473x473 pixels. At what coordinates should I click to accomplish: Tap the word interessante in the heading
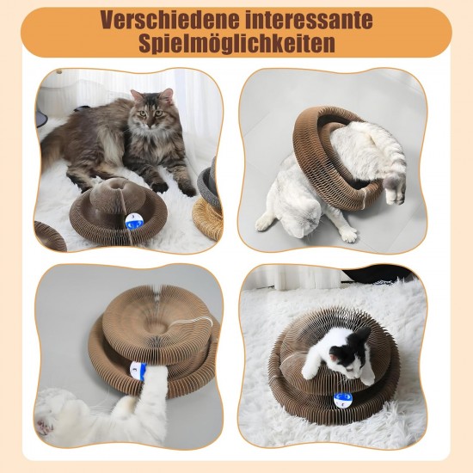point(306,20)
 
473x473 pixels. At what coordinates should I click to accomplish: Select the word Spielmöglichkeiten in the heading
point(236,44)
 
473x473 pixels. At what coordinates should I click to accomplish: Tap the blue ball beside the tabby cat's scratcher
point(134,221)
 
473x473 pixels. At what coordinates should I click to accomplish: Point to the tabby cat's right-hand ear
point(167,95)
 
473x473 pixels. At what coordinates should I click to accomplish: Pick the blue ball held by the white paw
point(138,370)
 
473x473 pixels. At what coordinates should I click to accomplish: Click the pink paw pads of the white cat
point(44,425)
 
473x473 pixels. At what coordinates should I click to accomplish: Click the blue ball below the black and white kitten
point(343,399)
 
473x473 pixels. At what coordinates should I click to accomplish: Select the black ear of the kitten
point(363,335)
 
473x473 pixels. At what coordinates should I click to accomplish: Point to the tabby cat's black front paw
point(160,187)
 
